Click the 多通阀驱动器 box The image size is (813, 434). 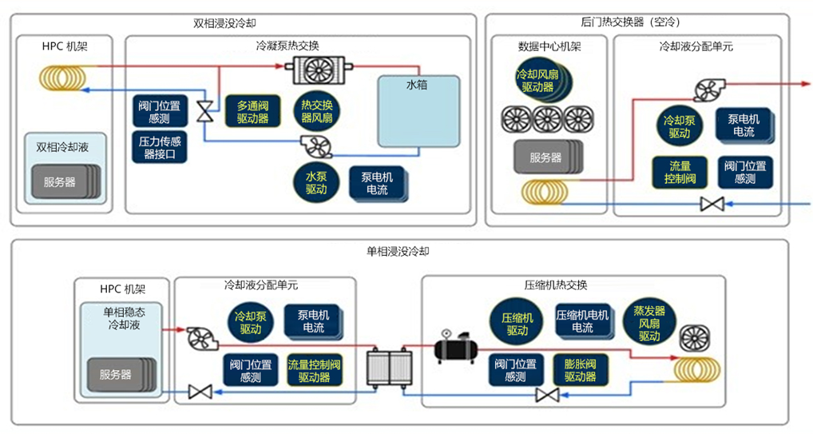pos(252,112)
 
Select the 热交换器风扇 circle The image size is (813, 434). pos(316,112)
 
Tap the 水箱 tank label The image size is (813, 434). pos(417,84)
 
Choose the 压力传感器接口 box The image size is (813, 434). pos(160,148)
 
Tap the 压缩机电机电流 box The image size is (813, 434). pos(582,321)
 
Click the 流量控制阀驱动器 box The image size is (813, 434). pos(314,371)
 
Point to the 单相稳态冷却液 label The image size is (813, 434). pos(119,318)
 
